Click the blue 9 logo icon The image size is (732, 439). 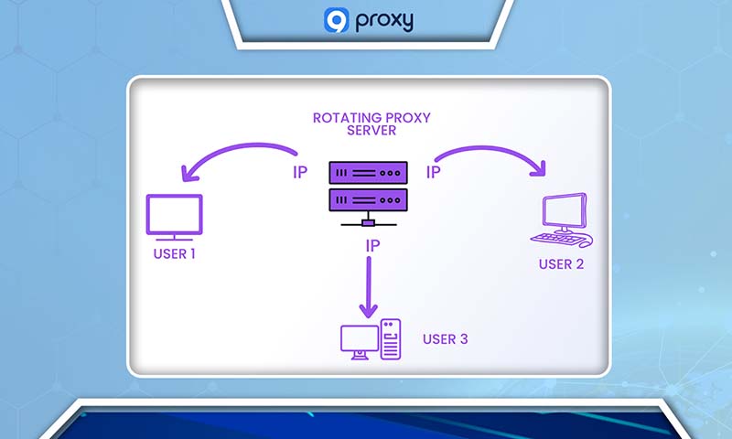tap(336, 19)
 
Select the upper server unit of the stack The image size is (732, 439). tap(366, 171)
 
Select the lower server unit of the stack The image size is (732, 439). tap(366, 198)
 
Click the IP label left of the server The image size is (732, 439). tap(301, 172)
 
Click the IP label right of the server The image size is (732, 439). tap(434, 171)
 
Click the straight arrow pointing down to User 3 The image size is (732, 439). tap(368, 288)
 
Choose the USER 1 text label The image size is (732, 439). tap(174, 253)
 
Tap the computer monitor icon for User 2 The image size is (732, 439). tap(564, 211)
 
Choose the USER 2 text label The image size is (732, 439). tap(561, 264)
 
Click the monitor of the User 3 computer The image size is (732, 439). tap(358, 340)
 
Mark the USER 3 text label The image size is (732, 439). tap(446, 339)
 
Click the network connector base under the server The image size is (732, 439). tap(367, 221)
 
